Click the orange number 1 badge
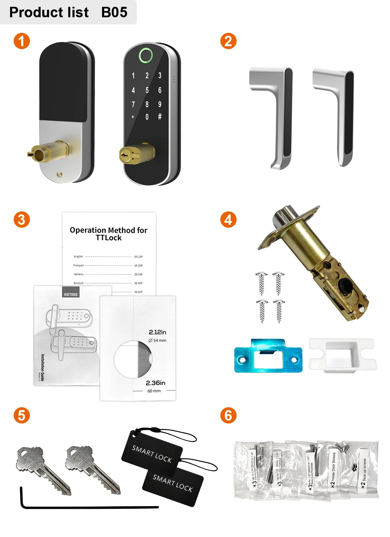click(x=21, y=41)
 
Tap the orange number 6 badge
click(x=228, y=415)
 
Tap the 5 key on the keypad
click(x=147, y=90)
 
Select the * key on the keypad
click(x=133, y=117)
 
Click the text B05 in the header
click(x=114, y=12)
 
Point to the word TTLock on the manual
click(x=109, y=238)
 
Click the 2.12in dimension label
click(x=157, y=332)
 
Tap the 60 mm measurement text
click(x=154, y=391)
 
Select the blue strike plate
click(x=268, y=356)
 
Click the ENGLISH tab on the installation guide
click(x=71, y=293)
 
